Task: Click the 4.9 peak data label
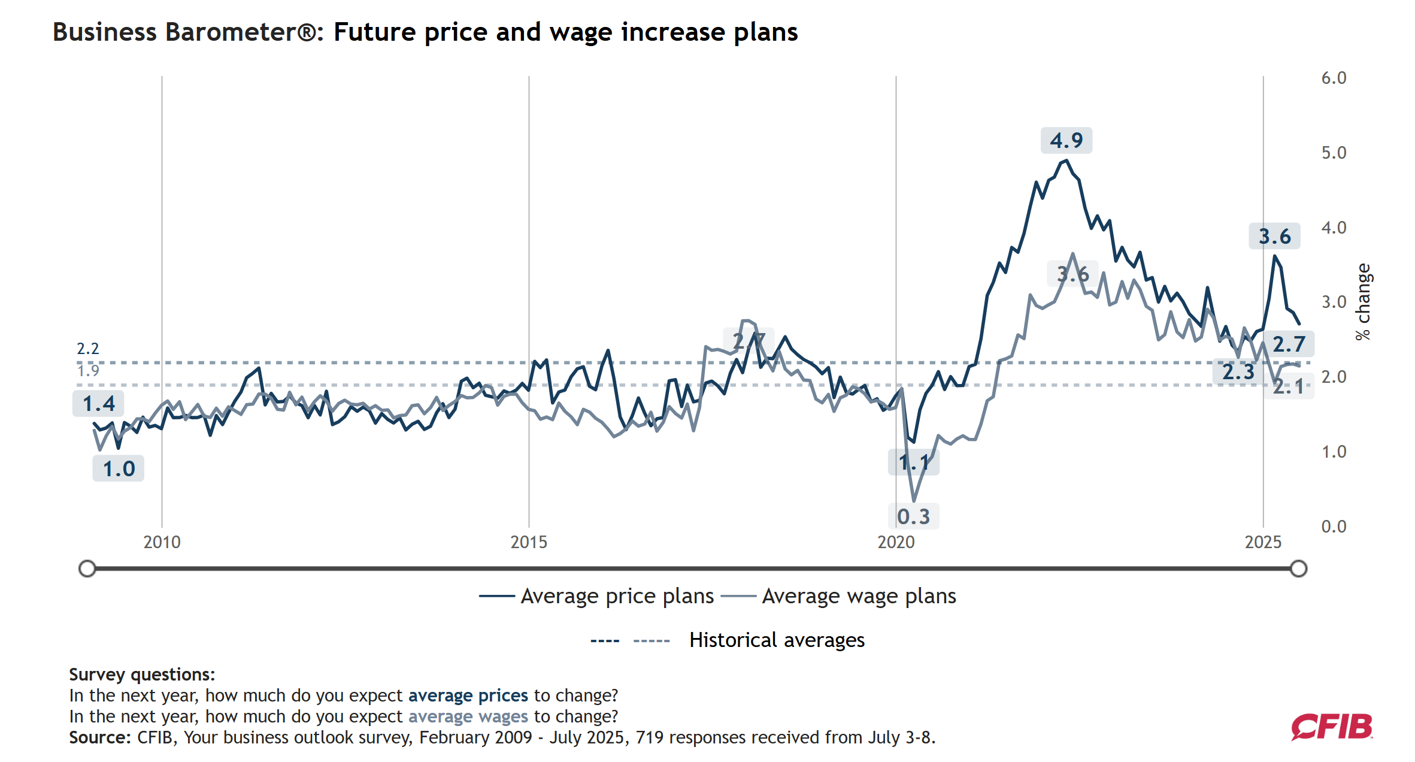click(x=1066, y=141)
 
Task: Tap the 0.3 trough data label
click(x=913, y=516)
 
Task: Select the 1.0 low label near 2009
click(x=119, y=468)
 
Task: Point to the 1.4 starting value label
click(x=98, y=404)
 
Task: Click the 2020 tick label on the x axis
click(x=896, y=542)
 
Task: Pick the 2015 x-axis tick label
click(x=529, y=542)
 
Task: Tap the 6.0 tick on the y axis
click(x=1334, y=78)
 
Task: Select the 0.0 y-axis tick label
click(x=1334, y=527)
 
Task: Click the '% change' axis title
click(x=1364, y=302)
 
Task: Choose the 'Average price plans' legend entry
click(x=617, y=596)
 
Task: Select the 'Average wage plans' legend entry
click(x=859, y=596)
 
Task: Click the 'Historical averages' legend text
click(x=777, y=640)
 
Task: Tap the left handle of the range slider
click(x=87, y=569)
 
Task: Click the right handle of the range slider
click(x=1298, y=569)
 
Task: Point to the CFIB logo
click(x=1332, y=727)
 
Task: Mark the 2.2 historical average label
click(x=88, y=349)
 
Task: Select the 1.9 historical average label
click(x=88, y=371)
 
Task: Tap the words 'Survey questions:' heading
click(x=142, y=675)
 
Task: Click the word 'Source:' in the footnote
click(x=100, y=737)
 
